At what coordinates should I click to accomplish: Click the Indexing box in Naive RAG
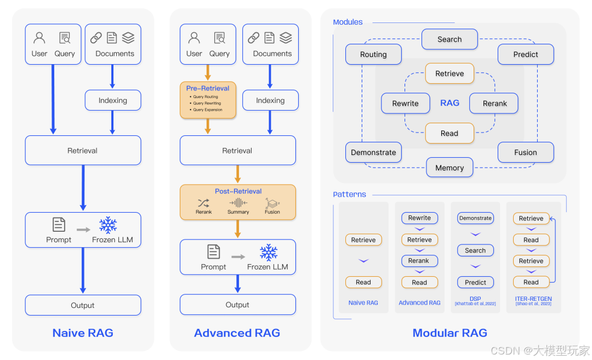pos(113,100)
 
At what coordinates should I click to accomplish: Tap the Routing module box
pos(373,54)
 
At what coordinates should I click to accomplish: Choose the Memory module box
pos(449,168)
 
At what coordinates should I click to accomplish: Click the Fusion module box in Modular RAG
pos(526,152)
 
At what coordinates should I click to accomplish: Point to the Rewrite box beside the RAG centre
pos(406,103)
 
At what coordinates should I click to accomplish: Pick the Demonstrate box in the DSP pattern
pos(475,218)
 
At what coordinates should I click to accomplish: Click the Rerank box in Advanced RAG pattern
pos(419,261)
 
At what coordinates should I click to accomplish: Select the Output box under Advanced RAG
pos(237,305)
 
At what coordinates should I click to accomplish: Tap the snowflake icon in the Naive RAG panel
pos(109,225)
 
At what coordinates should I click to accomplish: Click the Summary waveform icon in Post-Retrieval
pos(238,203)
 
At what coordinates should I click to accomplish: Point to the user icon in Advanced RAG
pos(194,38)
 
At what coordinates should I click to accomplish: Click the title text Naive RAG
pos(83,333)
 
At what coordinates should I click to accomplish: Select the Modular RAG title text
pos(449,333)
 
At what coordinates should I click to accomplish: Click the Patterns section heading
pos(349,195)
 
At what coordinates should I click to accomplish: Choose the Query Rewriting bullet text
pos(207,103)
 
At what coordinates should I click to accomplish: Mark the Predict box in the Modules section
pos(526,54)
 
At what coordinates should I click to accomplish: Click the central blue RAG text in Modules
pos(449,102)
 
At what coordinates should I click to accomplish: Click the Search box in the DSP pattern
pos(475,250)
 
